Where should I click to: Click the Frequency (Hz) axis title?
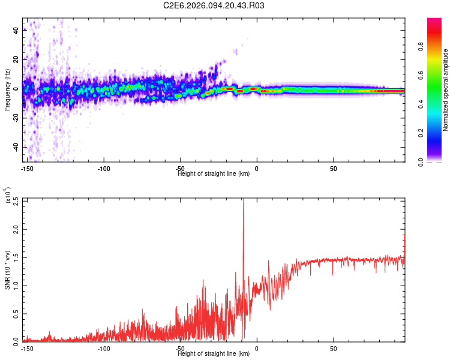coord(7,90)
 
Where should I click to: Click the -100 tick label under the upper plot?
coord(104,169)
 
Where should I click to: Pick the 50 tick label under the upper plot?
coord(333,169)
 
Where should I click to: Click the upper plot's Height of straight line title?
coord(214,174)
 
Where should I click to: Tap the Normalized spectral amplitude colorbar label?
coord(445,90)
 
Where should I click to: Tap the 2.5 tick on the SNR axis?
coord(16,202)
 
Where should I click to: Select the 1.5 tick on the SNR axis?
coord(16,257)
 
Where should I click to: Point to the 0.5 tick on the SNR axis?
coord(16,313)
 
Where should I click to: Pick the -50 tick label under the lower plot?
coord(180,348)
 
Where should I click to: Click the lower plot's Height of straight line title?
coord(214,354)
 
